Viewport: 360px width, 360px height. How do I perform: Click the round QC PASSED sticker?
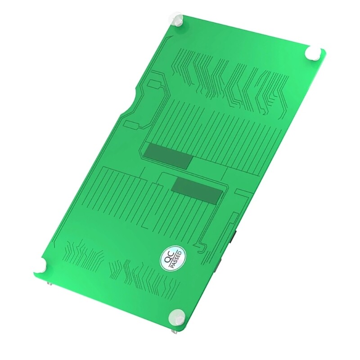point(172,259)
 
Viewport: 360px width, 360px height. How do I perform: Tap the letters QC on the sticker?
point(169,257)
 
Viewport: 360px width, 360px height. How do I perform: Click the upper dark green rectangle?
point(168,156)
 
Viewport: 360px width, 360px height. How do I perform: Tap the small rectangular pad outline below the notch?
point(131,124)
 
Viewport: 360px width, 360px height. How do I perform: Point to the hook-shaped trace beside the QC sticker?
point(201,245)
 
